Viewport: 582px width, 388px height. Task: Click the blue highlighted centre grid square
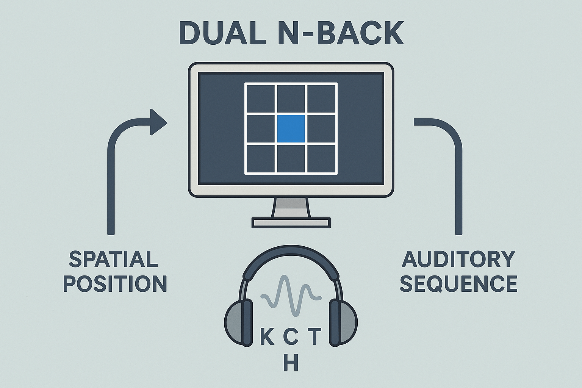291,129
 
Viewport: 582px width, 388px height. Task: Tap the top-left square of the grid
260,99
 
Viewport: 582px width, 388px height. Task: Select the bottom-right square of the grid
321,158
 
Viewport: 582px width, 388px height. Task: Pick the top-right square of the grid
321,99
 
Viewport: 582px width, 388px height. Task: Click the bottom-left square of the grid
260,158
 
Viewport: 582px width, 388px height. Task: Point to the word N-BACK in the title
341,33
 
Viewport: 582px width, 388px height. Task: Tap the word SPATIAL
113,260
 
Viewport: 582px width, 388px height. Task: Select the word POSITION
115,284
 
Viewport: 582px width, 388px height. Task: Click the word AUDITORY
458,260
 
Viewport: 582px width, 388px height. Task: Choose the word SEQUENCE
458,284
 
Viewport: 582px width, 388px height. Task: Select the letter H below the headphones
291,363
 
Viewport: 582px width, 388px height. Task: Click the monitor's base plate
291,222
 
